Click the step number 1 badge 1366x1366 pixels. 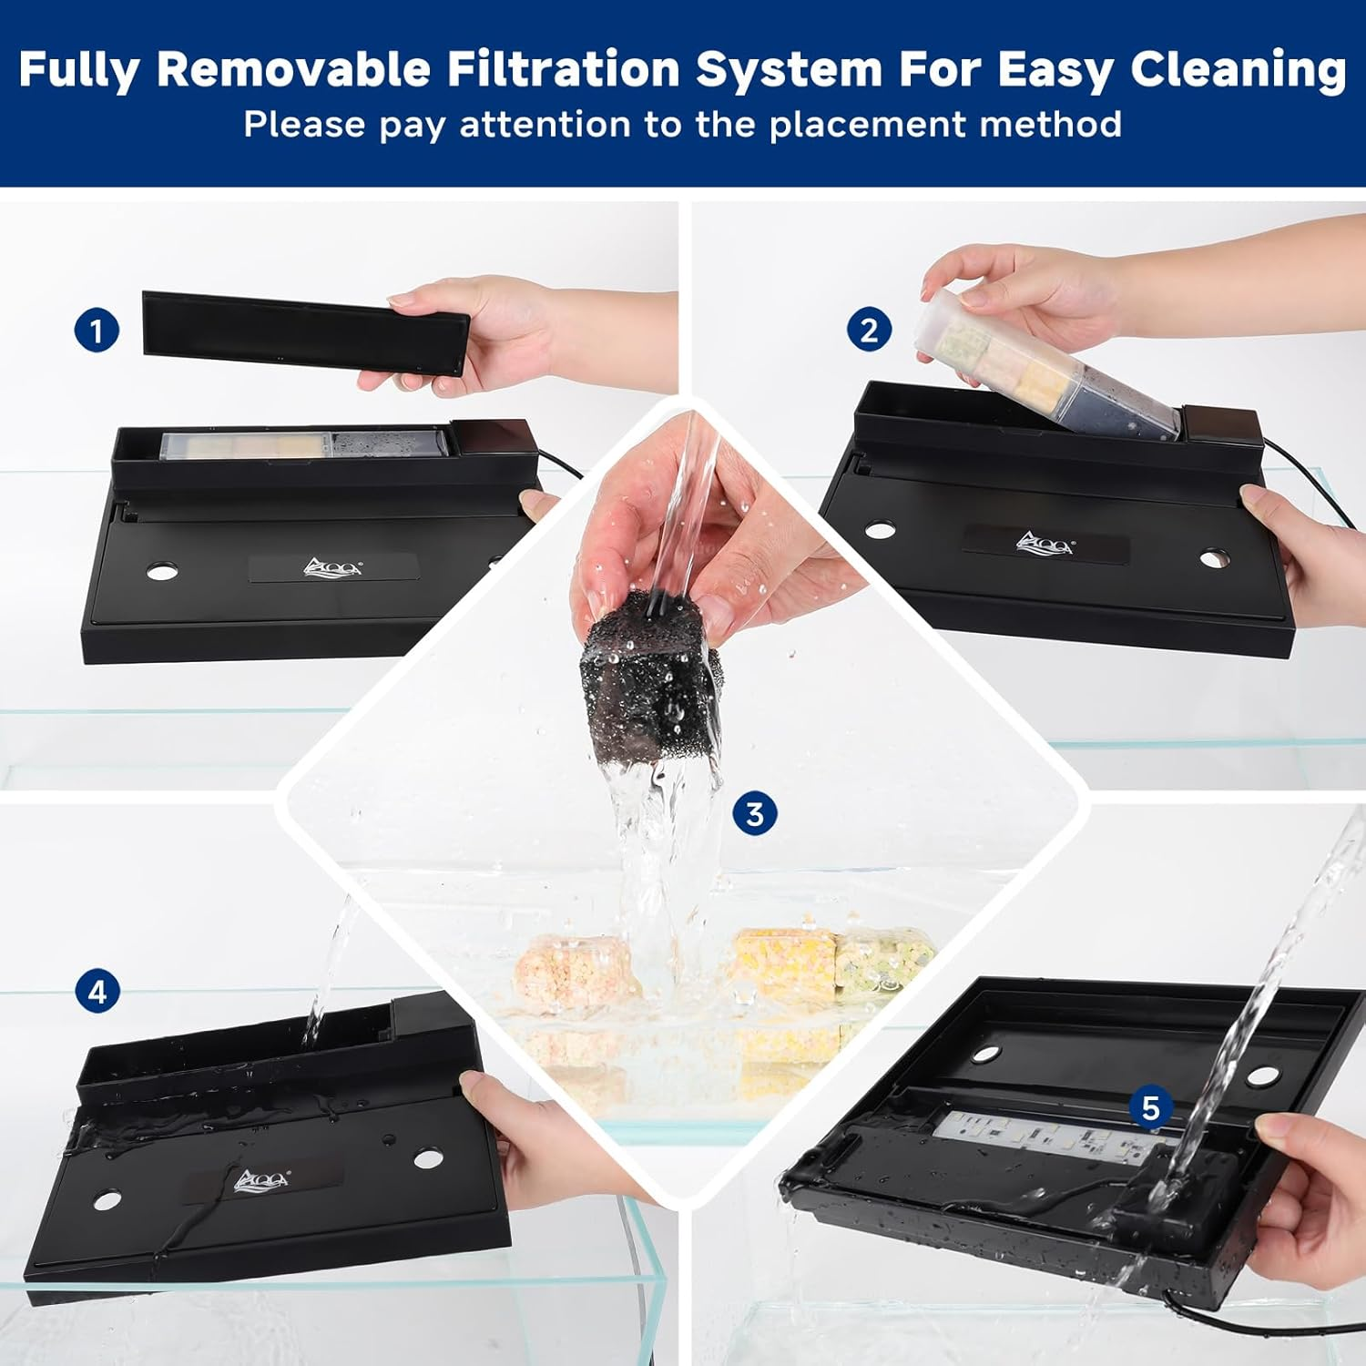97,331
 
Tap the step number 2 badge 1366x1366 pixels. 869,330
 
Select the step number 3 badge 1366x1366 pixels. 755,813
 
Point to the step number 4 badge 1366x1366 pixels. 97,992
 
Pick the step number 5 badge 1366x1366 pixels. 1151,1107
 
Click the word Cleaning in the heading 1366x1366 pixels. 1239,71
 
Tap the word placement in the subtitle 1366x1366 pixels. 854,125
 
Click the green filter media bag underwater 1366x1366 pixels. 882,963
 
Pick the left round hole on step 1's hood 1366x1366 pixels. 162,571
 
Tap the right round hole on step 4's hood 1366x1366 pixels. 428,1159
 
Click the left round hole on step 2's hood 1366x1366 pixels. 880,529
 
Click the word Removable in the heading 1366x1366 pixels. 293,69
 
